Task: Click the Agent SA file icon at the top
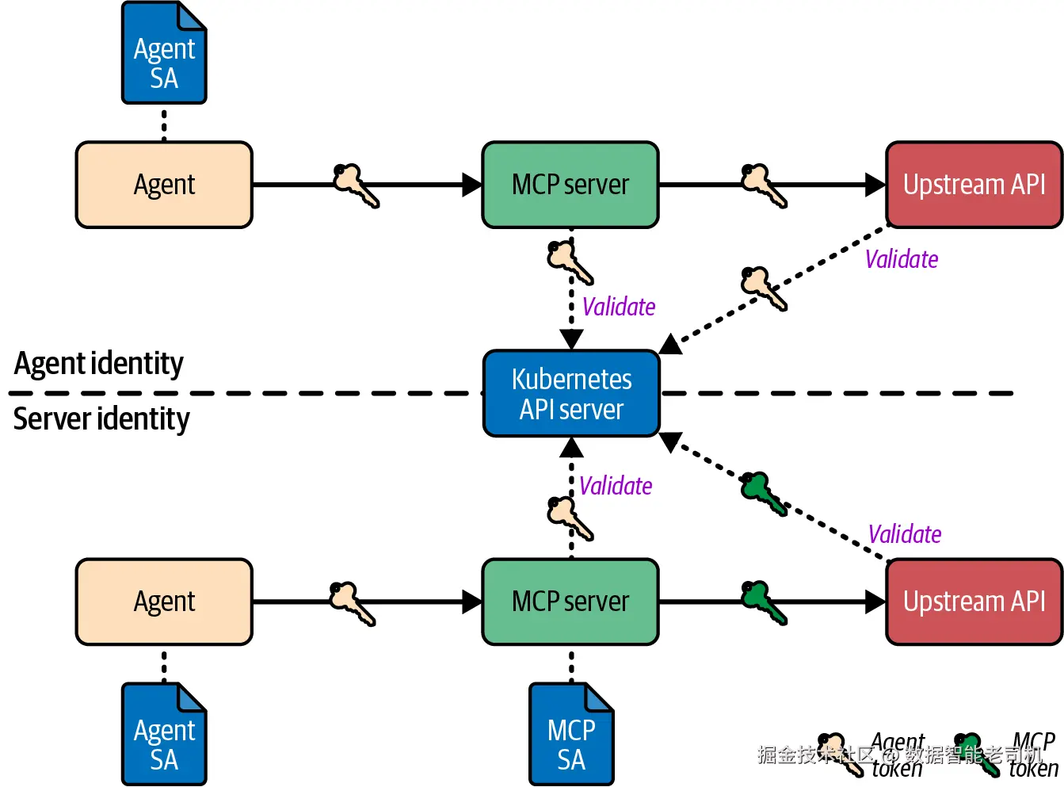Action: coord(164,53)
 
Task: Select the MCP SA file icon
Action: coord(571,735)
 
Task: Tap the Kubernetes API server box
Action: coord(571,394)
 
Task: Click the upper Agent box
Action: coord(164,185)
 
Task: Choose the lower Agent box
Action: coord(164,602)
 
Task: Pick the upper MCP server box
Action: coord(570,185)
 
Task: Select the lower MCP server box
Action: coord(570,602)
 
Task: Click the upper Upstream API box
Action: coord(974,185)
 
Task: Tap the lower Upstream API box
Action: coord(974,602)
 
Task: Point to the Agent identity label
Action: coord(99,364)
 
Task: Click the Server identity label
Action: coord(101,418)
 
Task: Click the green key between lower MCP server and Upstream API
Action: coord(764,602)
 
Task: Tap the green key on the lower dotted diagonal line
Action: coord(764,494)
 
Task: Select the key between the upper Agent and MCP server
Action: coord(356,185)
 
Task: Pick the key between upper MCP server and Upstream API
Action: coord(764,185)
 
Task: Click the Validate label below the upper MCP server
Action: coord(619,307)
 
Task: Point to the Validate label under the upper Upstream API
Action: coord(902,259)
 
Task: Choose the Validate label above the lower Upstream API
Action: coord(905,534)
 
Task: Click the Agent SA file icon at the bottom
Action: coord(164,735)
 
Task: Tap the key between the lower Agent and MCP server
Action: coord(352,603)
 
